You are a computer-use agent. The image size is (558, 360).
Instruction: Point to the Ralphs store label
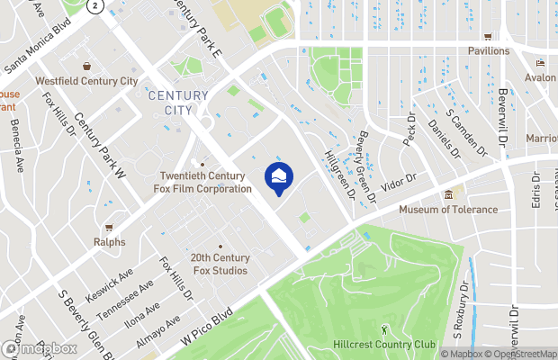point(109,241)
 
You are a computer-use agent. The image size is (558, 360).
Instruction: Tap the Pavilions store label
point(488,51)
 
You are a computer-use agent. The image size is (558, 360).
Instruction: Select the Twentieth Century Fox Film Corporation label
point(205,183)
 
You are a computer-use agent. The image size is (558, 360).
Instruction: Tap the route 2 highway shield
point(96,5)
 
